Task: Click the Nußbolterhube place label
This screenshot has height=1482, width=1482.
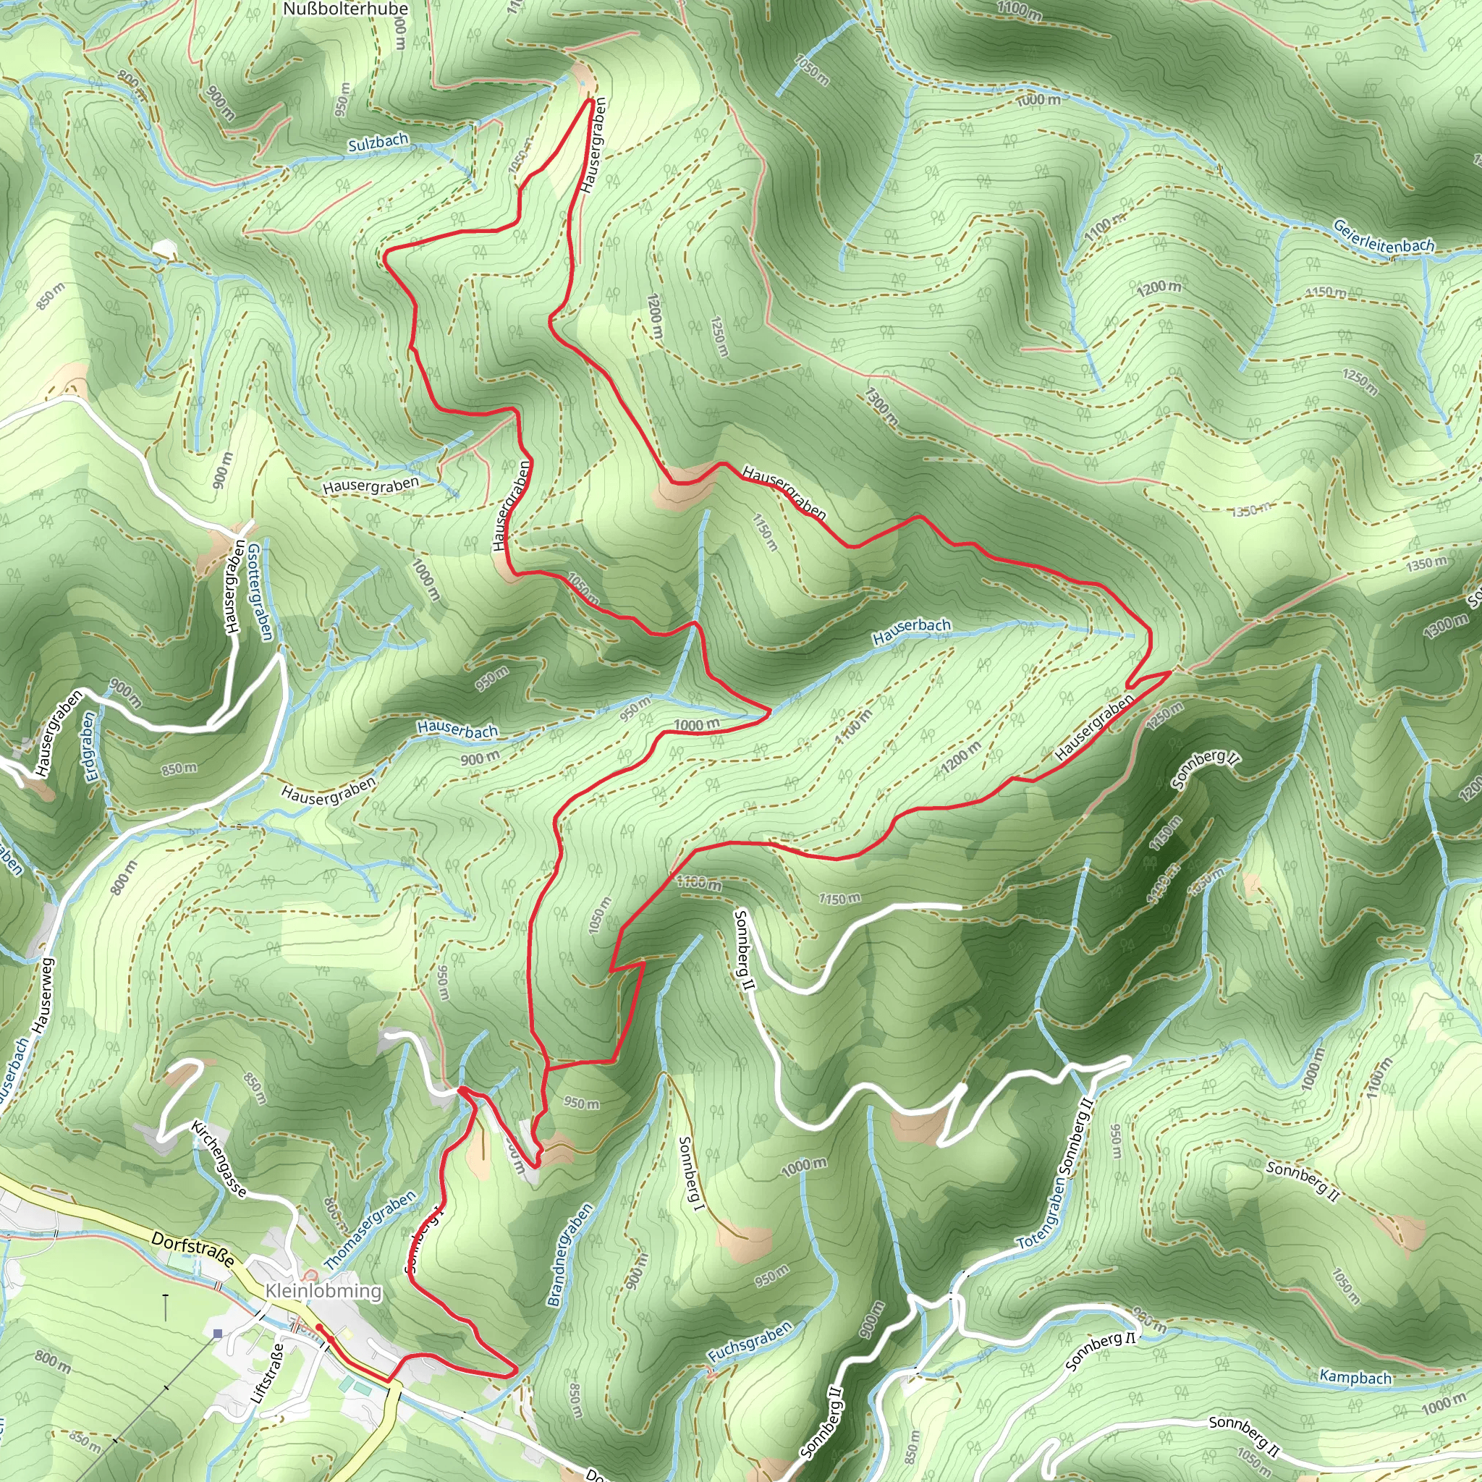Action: [x=345, y=9]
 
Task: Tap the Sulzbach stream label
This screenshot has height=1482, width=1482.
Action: [x=378, y=143]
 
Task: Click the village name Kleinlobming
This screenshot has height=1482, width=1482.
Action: [x=323, y=1291]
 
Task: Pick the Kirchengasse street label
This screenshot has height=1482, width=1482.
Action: [x=219, y=1159]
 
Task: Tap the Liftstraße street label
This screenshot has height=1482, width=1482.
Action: [x=268, y=1373]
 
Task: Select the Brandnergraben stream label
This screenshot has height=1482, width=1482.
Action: [x=570, y=1254]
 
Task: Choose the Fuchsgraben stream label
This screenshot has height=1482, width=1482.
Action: [x=750, y=1342]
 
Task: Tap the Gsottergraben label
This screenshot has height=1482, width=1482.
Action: [x=260, y=591]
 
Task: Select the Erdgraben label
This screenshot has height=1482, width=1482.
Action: [x=92, y=746]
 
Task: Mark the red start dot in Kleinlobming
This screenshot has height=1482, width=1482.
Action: [x=318, y=1326]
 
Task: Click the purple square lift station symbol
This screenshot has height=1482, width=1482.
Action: [x=218, y=1334]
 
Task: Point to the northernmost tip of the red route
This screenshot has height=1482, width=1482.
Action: [x=590, y=99]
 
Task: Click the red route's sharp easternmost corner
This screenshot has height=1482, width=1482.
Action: [x=1171, y=672]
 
